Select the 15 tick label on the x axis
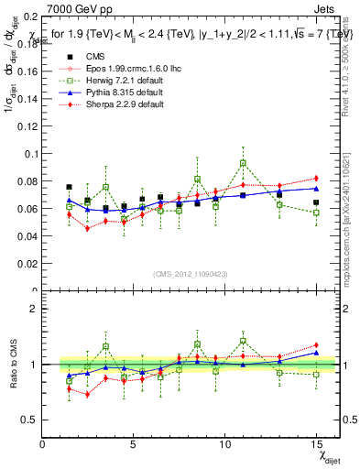tap(316, 444)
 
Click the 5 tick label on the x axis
tap(134, 444)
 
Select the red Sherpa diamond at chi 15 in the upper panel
tap(316, 178)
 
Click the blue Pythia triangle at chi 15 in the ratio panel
tap(316, 353)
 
